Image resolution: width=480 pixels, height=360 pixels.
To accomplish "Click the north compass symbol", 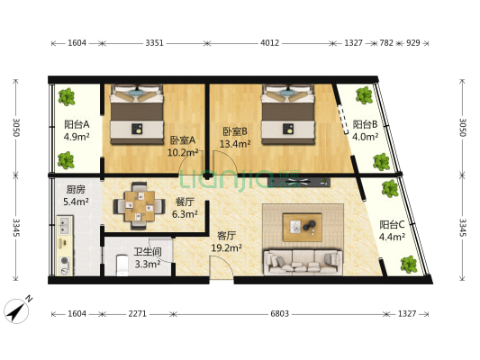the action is [x=18, y=310].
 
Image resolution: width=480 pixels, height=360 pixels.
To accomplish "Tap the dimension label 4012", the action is [x=269, y=43].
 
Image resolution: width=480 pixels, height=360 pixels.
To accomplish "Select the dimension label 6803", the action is [x=279, y=314].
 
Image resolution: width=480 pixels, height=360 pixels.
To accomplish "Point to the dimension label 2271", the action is [x=138, y=314].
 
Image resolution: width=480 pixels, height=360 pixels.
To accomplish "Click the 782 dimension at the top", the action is [x=386, y=43].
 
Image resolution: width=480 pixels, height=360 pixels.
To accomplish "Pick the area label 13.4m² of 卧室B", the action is [x=235, y=143].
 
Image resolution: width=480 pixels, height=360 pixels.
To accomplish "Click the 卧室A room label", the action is [x=183, y=140].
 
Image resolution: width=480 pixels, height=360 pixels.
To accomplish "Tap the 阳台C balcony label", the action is [x=392, y=225].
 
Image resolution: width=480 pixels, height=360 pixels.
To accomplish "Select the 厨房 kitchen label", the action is [x=76, y=190].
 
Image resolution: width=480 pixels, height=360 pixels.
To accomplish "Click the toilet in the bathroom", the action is [x=122, y=265].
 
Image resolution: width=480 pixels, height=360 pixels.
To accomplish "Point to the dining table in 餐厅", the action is [x=140, y=206].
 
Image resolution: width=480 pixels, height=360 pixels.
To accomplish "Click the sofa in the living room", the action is [x=303, y=262].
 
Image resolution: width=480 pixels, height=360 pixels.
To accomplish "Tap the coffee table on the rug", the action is [x=303, y=227].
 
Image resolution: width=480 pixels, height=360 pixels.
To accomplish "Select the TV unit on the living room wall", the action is [x=299, y=182].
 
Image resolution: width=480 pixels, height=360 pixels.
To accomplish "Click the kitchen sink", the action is [x=64, y=225].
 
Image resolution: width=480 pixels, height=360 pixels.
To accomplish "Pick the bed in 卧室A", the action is [x=137, y=114].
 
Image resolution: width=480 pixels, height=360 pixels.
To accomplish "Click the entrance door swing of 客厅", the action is [x=221, y=267].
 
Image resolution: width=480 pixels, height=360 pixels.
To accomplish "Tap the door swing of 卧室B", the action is [x=225, y=163].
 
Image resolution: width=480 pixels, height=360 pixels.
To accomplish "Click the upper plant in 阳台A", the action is [x=67, y=97].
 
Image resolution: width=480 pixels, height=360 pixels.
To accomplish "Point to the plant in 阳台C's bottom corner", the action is [x=409, y=265].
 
